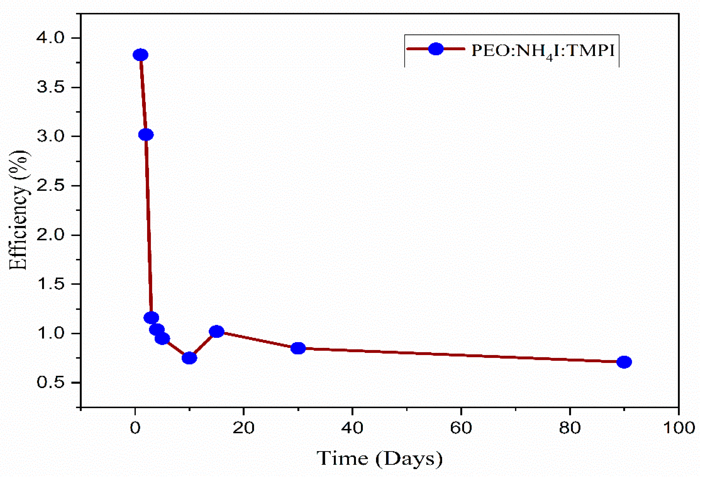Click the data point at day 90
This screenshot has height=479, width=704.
(624, 362)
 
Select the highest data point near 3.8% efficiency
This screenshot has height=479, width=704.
(140, 55)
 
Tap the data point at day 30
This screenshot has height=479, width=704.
(298, 348)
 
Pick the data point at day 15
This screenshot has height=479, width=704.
(217, 332)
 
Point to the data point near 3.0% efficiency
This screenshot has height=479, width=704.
(146, 135)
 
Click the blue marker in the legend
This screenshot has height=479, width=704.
(436, 49)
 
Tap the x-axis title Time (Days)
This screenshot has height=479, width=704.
(379, 458)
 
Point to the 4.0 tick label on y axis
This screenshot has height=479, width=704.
(51, 38)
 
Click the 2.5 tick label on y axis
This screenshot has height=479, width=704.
(51, 186)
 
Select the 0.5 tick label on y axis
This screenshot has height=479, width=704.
(51, 383)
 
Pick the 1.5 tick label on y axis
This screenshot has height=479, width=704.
(51, 284)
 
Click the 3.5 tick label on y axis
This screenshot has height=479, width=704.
(51, 87)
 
